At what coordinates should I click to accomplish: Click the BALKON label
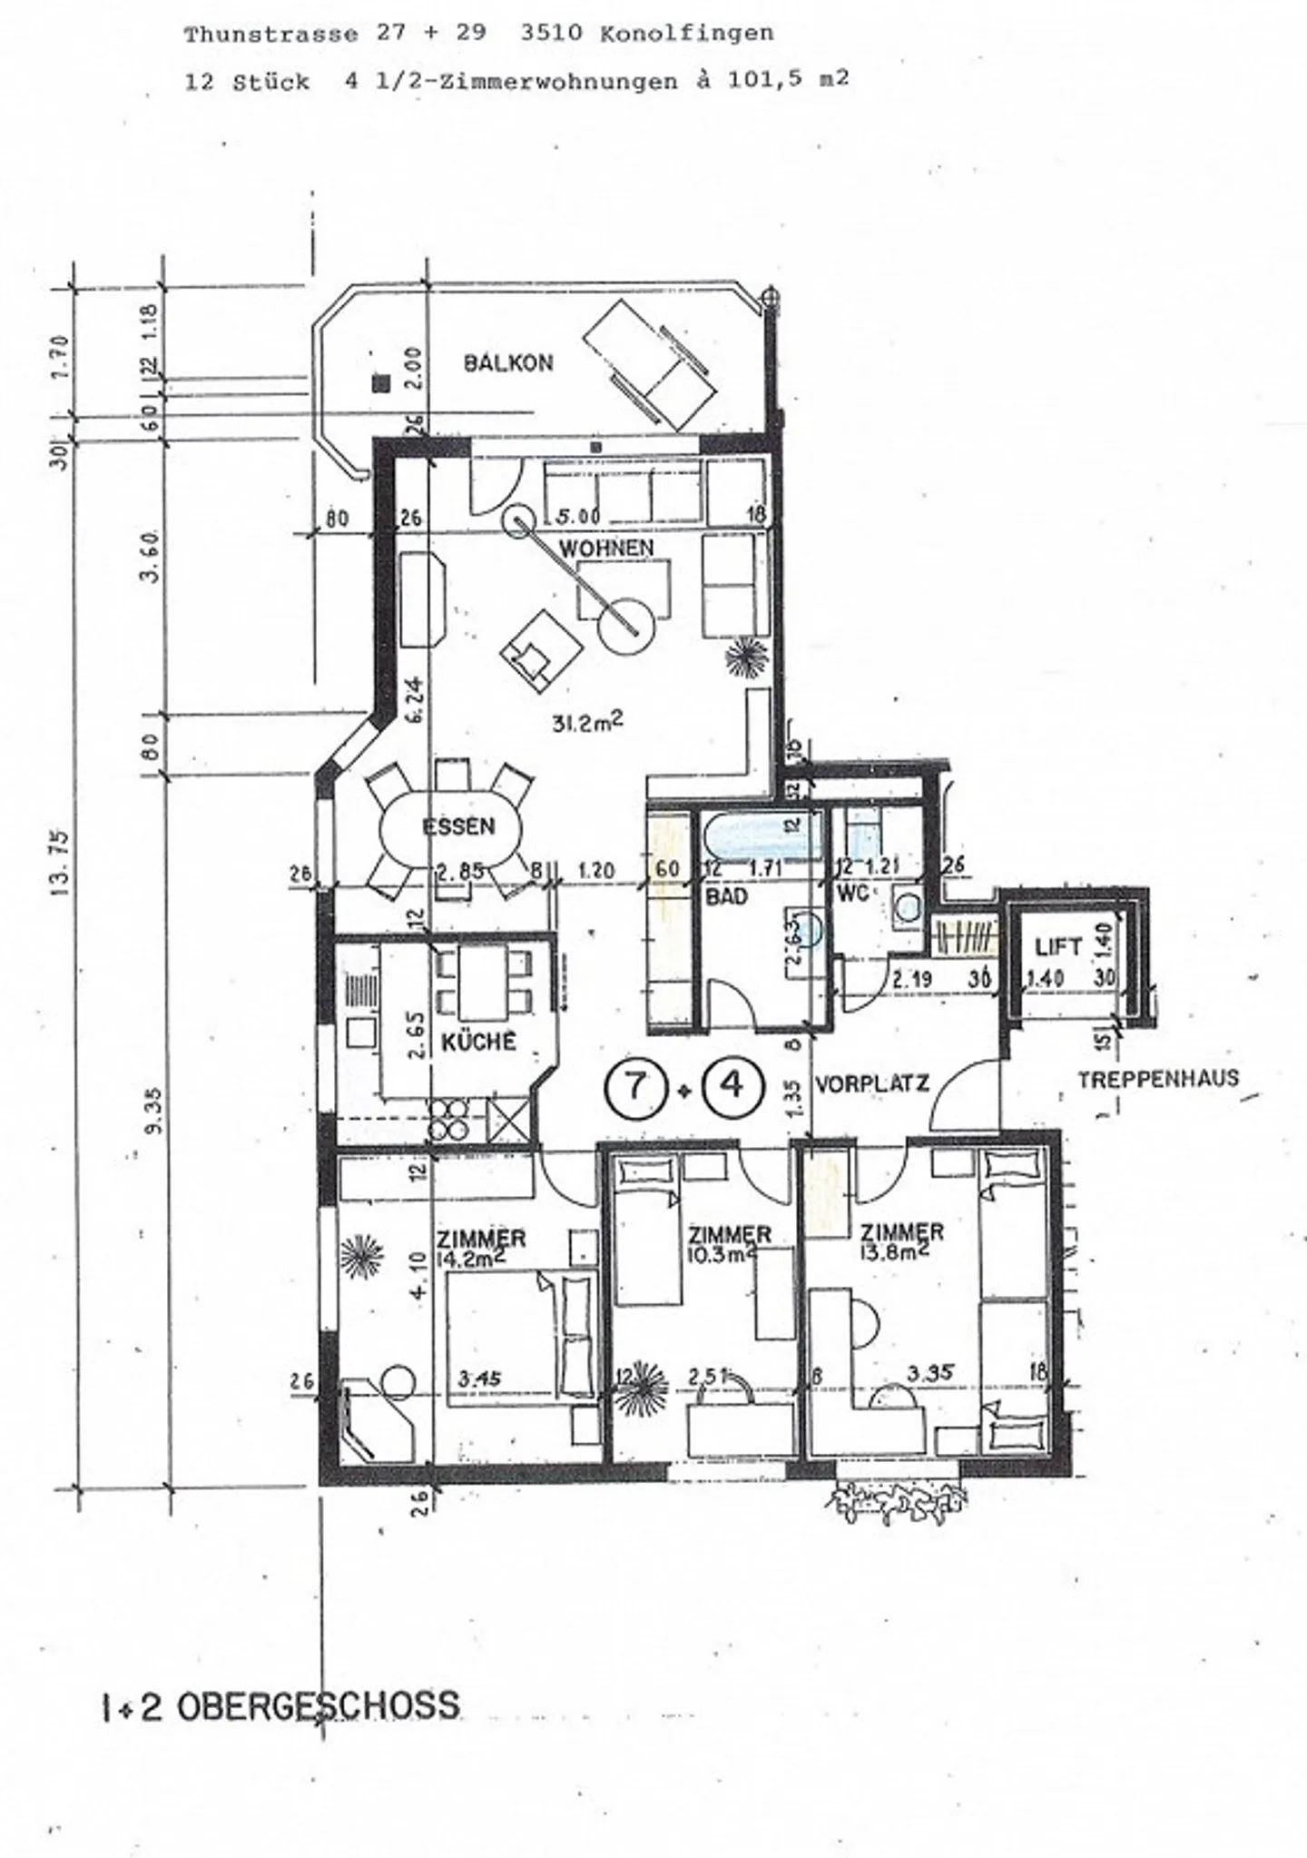508,363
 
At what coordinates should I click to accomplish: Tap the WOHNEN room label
606,548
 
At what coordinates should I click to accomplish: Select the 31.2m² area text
588,723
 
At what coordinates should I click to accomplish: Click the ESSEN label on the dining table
458,826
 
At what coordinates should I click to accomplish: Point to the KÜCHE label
478,1041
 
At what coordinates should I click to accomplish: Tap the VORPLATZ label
871,1083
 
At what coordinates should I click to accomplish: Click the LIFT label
1058,947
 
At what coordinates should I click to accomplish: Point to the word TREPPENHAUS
1158,1079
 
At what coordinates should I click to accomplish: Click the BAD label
727,896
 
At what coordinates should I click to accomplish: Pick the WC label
852,893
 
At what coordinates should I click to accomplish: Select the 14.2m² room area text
481,1257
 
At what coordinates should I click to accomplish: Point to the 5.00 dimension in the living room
577,517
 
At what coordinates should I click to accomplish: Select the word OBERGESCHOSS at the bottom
318,1706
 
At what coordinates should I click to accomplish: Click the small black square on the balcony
382,384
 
